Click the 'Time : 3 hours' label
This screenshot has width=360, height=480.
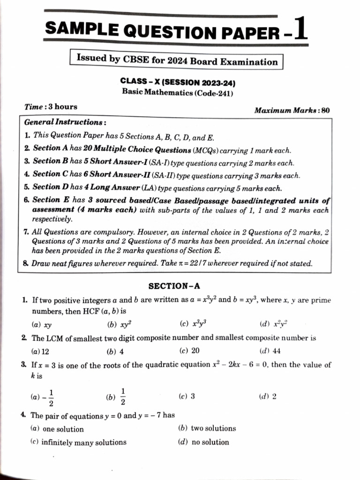pos(51,107)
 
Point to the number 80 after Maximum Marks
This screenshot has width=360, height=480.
pos(325,111)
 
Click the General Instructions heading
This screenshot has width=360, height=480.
pos(65,122)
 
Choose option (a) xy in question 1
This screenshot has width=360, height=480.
pos(42,324)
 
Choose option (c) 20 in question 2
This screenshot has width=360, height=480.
pos(190,351)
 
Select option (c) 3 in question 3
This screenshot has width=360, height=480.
pos(187,396)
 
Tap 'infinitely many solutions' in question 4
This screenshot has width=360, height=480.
pos(79,442)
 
